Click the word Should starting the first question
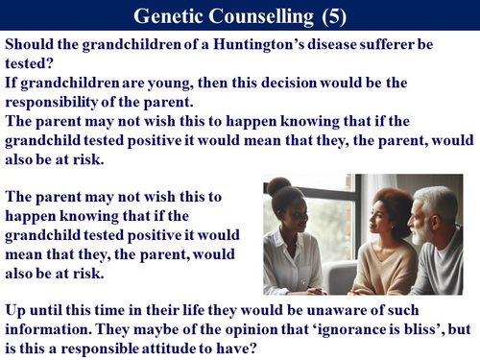coord(30,46)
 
